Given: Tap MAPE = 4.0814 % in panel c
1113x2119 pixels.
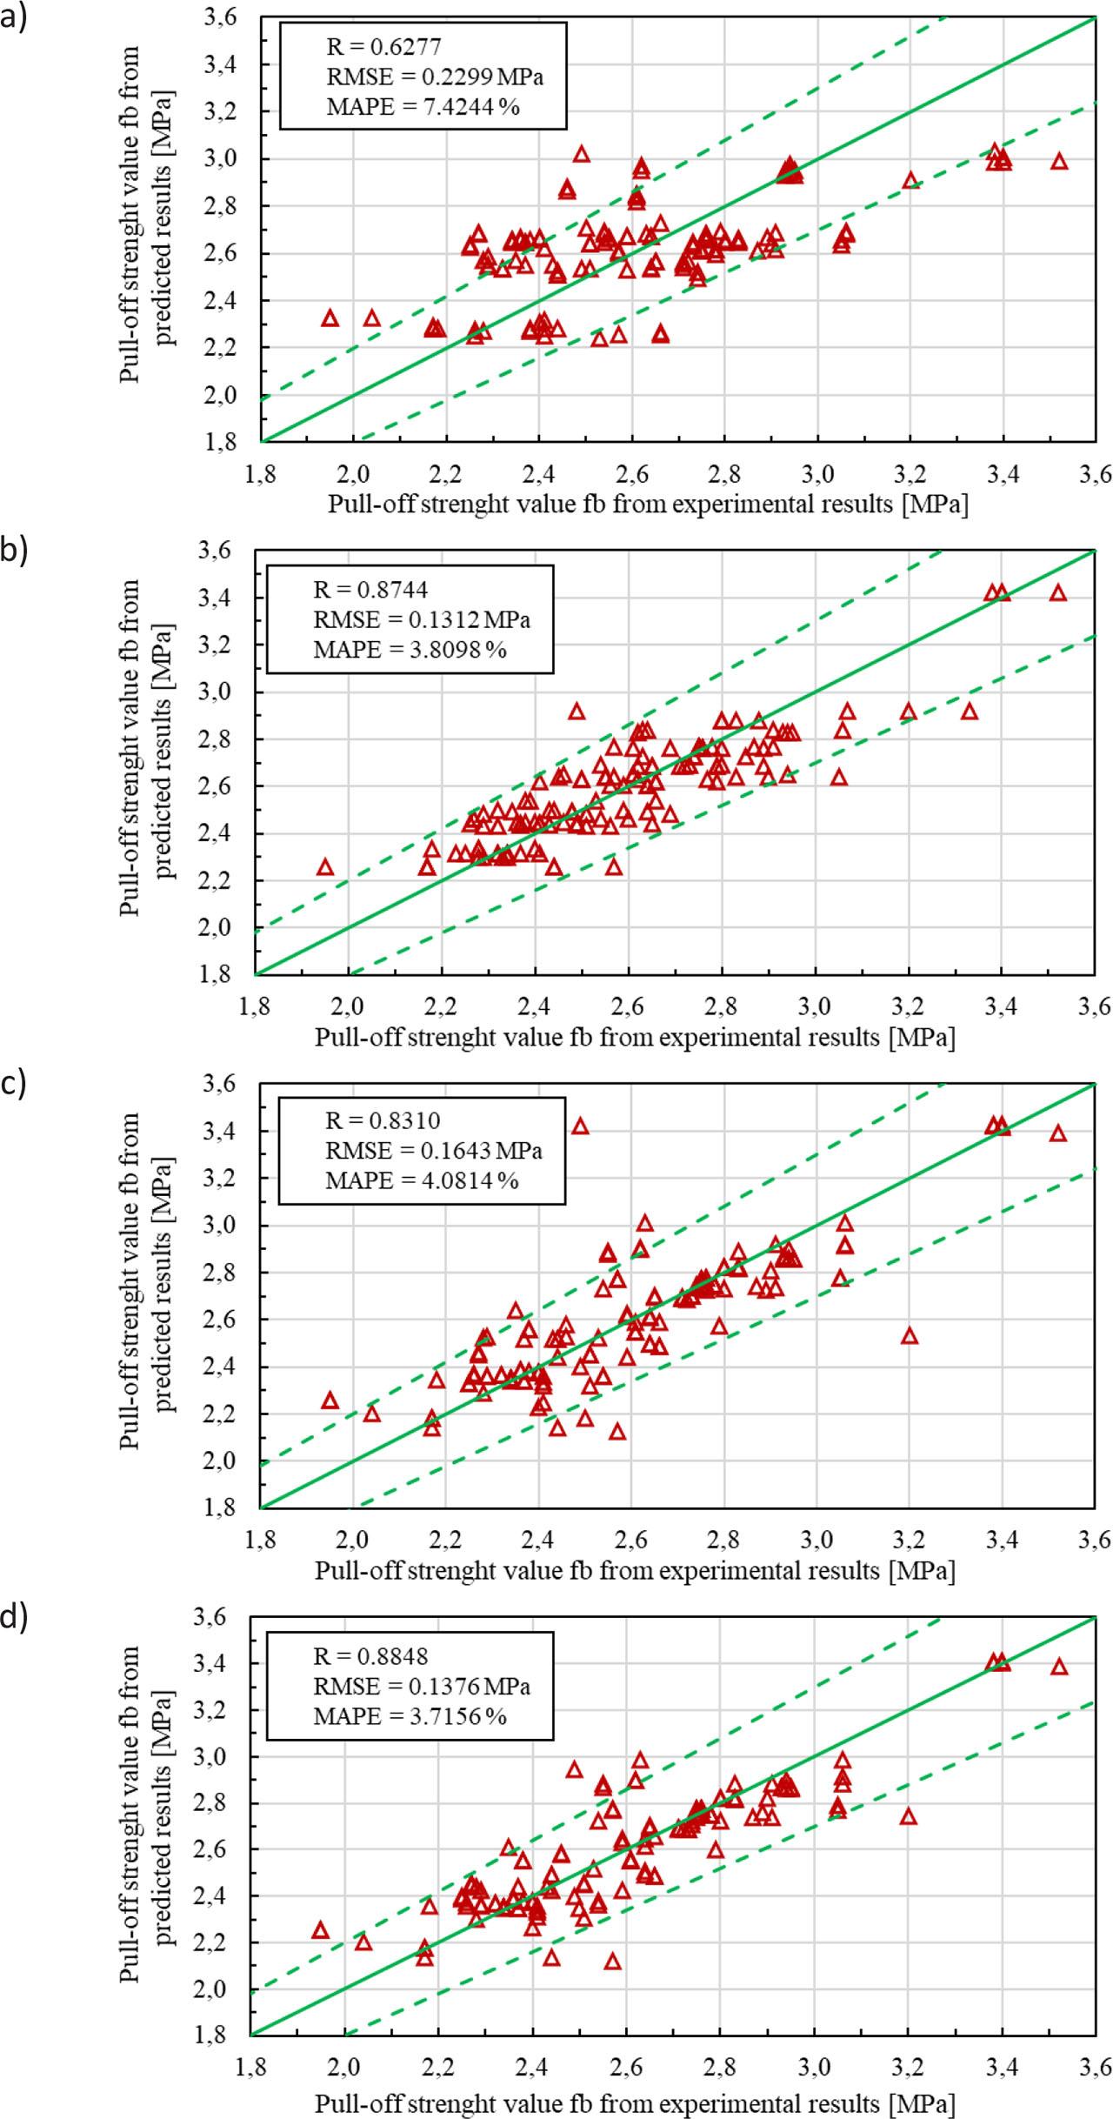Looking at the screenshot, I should tap(422, 1180).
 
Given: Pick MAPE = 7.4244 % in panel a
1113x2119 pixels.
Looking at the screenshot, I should tap(423, 108).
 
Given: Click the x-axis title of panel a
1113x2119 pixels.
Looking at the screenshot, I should tap(648, 505).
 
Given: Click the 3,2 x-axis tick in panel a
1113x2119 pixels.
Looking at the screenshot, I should tap(910, 474).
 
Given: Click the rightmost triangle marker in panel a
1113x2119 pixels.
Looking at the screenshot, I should tap(1059, 162).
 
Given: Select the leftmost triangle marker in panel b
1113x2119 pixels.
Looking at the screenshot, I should tap(325, 867).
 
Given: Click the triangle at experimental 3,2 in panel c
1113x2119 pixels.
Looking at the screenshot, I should tap(910, 1336).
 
